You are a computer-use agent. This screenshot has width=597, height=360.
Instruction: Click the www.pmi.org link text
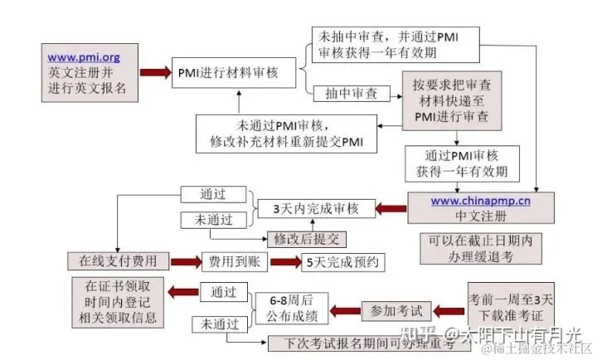pyautogui.click(x=84, y=57)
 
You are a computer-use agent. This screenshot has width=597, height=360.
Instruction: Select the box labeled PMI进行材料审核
pyautogui.click(x=226, y=72)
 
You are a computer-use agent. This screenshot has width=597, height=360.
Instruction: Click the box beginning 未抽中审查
pyautogui.click(x=396, y=44)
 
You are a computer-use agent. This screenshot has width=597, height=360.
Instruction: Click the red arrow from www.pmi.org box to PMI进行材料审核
pyautogui.click(x=153, y=72)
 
